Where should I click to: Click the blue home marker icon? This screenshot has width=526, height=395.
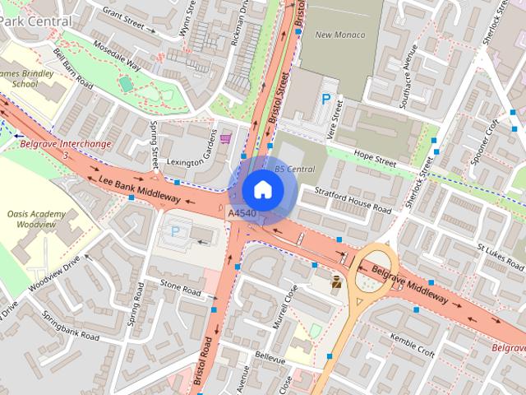(263, 190)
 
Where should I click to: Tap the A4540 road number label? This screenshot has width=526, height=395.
(242, 214)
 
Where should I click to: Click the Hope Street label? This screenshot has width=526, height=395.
(375, 157)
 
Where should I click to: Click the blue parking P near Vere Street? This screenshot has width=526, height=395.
(326, 99)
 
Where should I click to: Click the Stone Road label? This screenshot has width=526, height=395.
(180, 289)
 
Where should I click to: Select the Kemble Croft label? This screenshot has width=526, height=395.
(412, 345)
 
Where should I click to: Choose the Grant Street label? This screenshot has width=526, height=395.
(122, 21)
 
